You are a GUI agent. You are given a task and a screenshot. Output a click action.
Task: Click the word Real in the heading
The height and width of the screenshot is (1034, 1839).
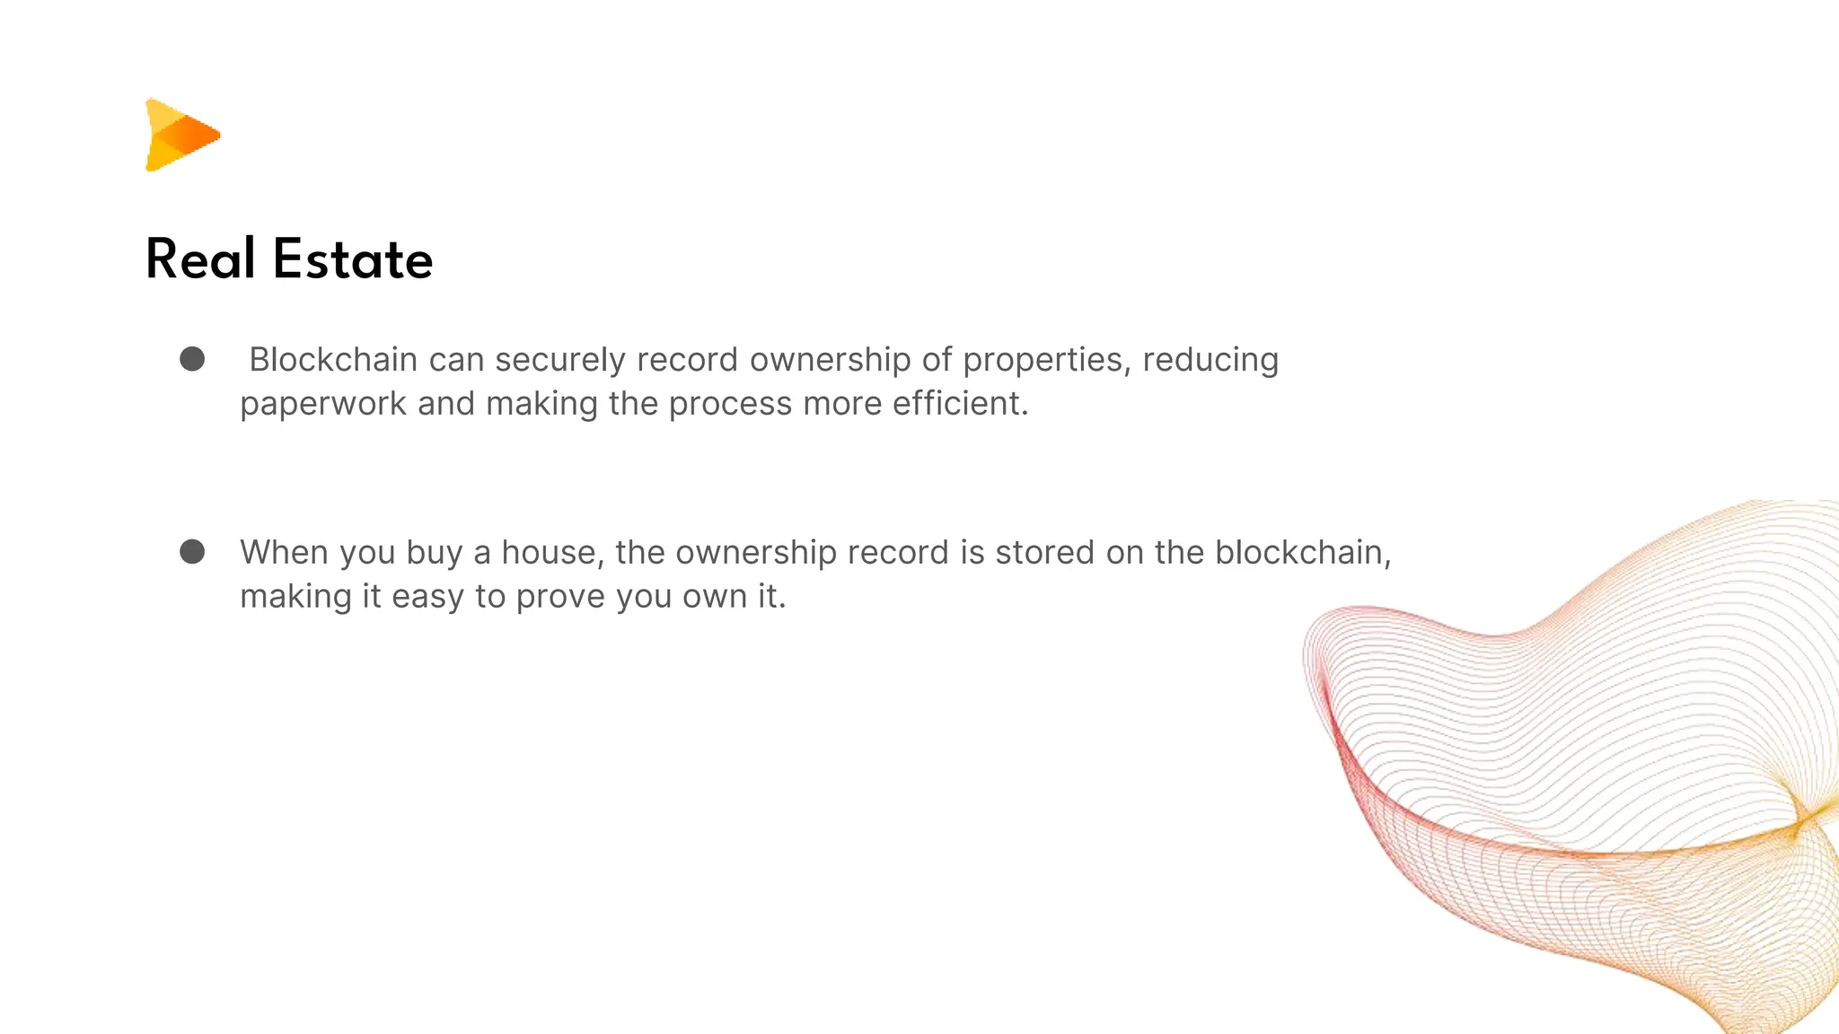click(x=200, y=259)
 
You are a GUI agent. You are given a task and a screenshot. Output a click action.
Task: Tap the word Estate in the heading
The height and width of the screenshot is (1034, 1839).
click(x=353, y=259)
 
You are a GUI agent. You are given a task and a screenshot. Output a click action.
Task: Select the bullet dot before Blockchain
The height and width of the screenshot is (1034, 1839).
click(x=192, y=359)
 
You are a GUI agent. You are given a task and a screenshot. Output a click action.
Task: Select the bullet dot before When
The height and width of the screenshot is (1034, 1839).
click(x=192, y=551)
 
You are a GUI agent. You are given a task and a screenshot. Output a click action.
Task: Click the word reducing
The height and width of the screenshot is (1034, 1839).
click(x=1210, y=361)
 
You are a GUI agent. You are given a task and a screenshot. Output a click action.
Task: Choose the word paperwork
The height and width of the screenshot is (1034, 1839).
click(x=323, y=405)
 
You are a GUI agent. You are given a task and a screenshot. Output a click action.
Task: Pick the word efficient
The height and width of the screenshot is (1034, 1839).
click(x=960, y=403)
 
